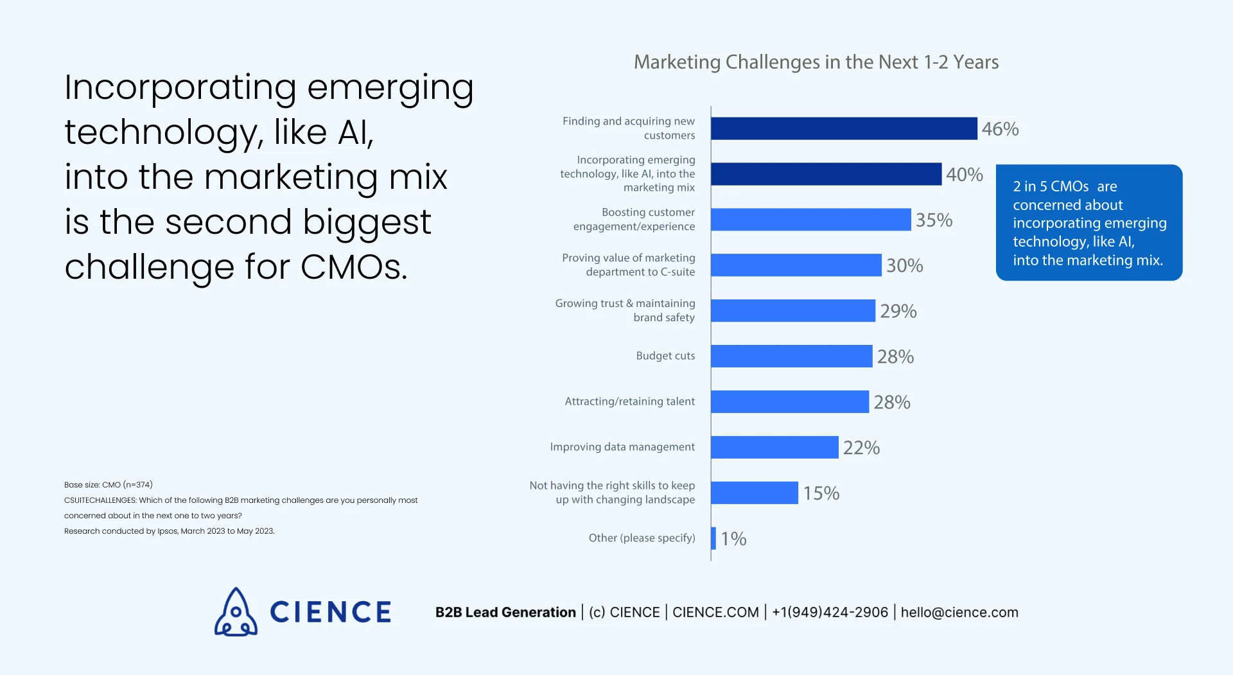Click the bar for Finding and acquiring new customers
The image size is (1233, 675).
coord(844,128)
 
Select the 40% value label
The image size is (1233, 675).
coord(964,175)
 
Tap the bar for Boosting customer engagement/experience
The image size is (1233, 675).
coord(810,220)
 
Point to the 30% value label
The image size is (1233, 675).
coord(904,266)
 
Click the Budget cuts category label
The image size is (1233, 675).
coord(665,356)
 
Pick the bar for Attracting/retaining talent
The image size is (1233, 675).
coord(789,402)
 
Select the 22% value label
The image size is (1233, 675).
coord(861,448)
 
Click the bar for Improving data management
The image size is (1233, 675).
coord(774,448)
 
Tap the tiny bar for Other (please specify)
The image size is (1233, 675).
coord(713,538)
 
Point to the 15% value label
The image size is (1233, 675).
coord(821,493)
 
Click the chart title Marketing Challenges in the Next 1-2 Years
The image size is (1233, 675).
coord(816,62)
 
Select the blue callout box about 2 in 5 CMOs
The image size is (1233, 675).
coord(1089,223)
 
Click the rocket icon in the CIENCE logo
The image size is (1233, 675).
coord(236,612)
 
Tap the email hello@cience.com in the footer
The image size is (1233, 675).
coord(959,613)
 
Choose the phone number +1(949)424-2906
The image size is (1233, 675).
coord(830,613)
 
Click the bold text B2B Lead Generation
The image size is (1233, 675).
coord(505,613)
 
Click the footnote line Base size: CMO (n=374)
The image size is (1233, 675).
coord(109,485)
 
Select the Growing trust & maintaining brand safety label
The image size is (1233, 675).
coord(625,310)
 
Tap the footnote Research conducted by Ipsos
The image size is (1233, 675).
coord(169,531)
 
